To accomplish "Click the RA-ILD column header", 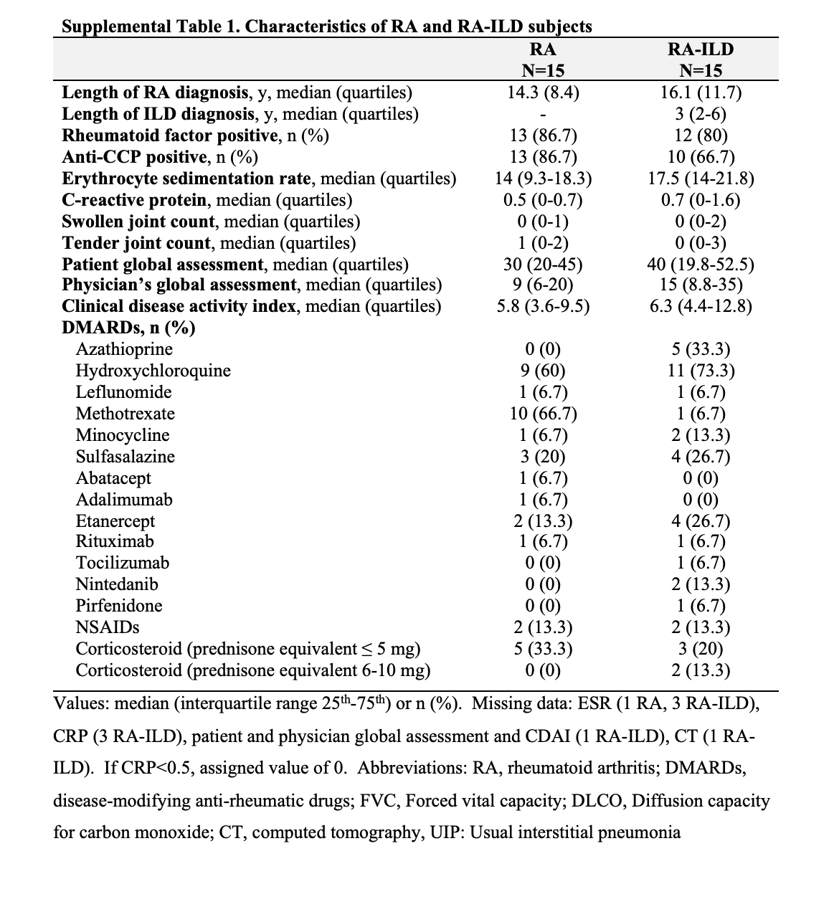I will (700, 49).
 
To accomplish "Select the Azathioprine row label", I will (124, 349).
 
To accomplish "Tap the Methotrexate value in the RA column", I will (543, 414).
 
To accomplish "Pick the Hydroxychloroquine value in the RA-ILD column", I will (700, 371).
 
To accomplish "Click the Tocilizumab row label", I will (123, 563).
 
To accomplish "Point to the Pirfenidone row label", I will (119, 606).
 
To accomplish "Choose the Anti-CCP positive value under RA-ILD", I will (700, 157).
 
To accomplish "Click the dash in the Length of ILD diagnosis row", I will (543, 115).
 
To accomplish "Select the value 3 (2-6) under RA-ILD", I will (700, 114).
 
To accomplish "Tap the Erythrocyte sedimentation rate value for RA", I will (543, 179).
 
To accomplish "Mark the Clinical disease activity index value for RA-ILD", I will (700, 306).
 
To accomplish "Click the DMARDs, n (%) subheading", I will (128, 328).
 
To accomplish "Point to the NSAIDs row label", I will (108, 627).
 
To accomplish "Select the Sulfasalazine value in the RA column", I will (543, 457).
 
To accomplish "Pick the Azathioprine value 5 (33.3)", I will (700, 349).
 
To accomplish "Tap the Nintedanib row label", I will (117, 584).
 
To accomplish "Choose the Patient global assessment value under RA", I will (543, 264).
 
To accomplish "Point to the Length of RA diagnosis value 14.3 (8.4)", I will (543, 92).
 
